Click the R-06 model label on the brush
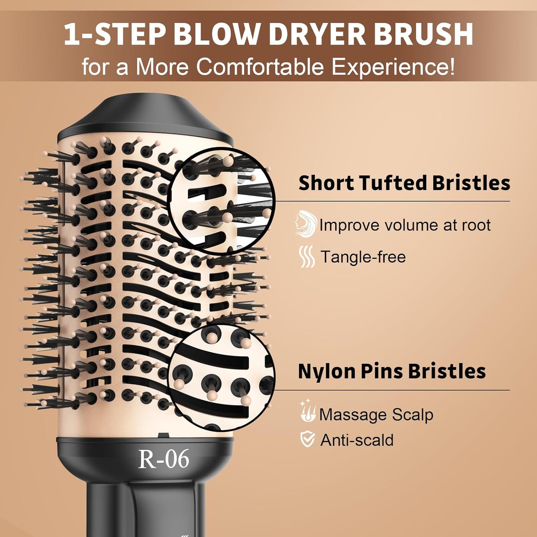(x=164, y=459)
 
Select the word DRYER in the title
(x=317, y=35)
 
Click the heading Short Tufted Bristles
(x=404, y=183)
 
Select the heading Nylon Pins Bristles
(x=392, y=371)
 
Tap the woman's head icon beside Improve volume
(x=305, y=223)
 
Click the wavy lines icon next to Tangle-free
(x=307, y=256)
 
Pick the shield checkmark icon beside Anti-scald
(x=307, y=439)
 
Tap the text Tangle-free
(x=363, y=257)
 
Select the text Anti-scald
(x=357, y=440)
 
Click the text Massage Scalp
(x=376, y=414)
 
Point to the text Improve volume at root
(x=405, y=225)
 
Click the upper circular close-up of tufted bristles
(x=222, y=201)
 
